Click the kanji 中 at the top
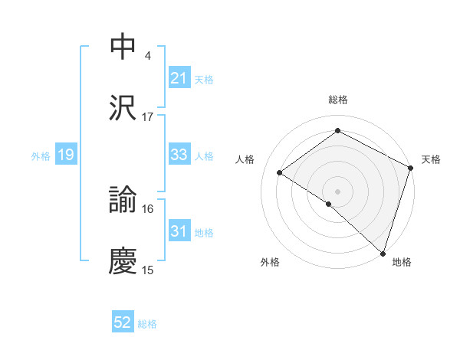coord(123,47)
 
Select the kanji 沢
coord(123,108)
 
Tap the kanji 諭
coord(123,201)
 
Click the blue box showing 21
coord(179,77)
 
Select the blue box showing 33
coord(179,155)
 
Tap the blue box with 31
coord(179,231)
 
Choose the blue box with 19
coord(65,155)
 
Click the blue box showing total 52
coord(123,322)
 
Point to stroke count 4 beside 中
coord(147,55)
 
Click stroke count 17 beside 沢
coord(148,116)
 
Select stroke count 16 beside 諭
coord(148,208)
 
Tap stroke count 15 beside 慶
coord(148,270)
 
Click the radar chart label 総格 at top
coord(338,100)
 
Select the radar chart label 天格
coord(431,159)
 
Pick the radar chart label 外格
coord(270,263)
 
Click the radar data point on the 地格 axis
coord(383,253)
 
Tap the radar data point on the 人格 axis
coord(280,173)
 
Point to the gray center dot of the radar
coord(337,191)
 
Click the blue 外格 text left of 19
coord(41,155)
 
